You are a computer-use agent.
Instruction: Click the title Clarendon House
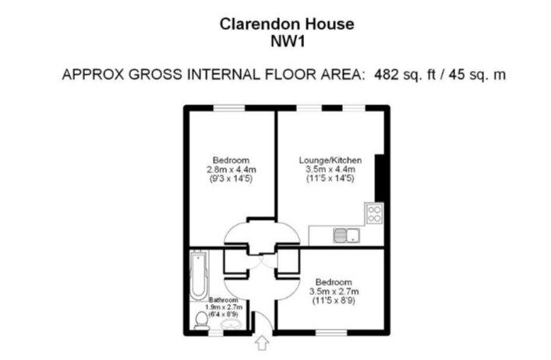click(287, 24)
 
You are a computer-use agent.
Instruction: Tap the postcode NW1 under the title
click(288, 41)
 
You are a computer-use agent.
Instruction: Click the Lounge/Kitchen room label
click(330, 161)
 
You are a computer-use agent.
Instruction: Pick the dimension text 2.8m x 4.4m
click(231, 170)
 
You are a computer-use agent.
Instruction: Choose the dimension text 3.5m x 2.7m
click(334, 291)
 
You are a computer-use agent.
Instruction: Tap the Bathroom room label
click(224, 300)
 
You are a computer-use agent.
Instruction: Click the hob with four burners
click(374, 214)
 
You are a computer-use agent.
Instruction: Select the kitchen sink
click(347, 235)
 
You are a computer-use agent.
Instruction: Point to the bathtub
click(199, 275)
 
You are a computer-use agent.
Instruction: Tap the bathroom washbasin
click(232, 325)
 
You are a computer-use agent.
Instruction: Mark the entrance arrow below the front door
click(261, 343)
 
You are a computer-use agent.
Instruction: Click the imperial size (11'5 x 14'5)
click(330, 178)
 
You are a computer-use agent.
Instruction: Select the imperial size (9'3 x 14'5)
click(231, 178)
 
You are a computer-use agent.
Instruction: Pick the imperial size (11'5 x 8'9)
click(334, 301)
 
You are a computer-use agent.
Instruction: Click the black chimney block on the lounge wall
click(380, 178)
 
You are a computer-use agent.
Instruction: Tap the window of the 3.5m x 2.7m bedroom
click(331, 332)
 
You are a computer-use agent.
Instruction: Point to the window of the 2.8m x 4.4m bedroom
click(229, 108)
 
